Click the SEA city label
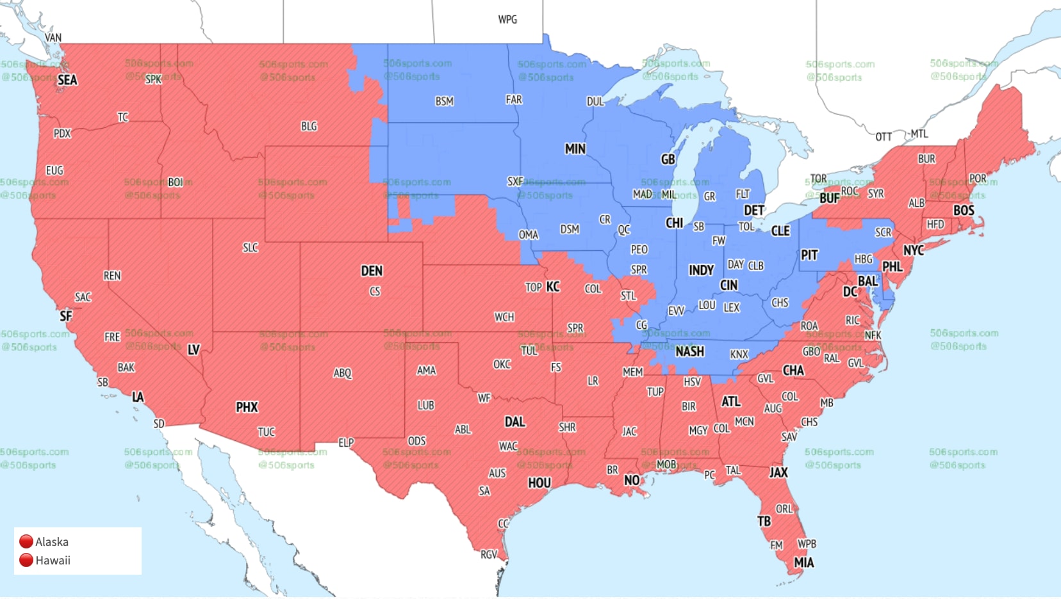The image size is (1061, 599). click(67, 80)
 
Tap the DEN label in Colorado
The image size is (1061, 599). click(372, 271)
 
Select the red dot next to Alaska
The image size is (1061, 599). click(26, 541)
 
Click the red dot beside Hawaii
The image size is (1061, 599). click(26, 560)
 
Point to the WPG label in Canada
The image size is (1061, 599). click(507, 19)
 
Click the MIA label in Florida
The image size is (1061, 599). click(803, 563)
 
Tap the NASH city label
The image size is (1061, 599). click(689, 351)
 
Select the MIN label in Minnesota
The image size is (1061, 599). click(575, 148)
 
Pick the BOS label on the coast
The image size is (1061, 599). click(964, 211)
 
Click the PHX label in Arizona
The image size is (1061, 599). click(247, 407)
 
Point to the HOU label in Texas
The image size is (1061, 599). click(539, 483)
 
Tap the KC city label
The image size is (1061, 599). click(553, 287)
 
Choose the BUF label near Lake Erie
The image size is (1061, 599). click(829, 198)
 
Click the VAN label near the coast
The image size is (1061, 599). click(53, 38)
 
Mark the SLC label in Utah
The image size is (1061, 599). click(251, 248)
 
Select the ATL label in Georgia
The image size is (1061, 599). click(730, 401)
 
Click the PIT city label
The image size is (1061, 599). click(809, 255)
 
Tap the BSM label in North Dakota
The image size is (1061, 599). click(444, 101)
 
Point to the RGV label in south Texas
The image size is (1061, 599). click(489, 554)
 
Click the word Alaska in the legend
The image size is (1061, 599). click(52, 541)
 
